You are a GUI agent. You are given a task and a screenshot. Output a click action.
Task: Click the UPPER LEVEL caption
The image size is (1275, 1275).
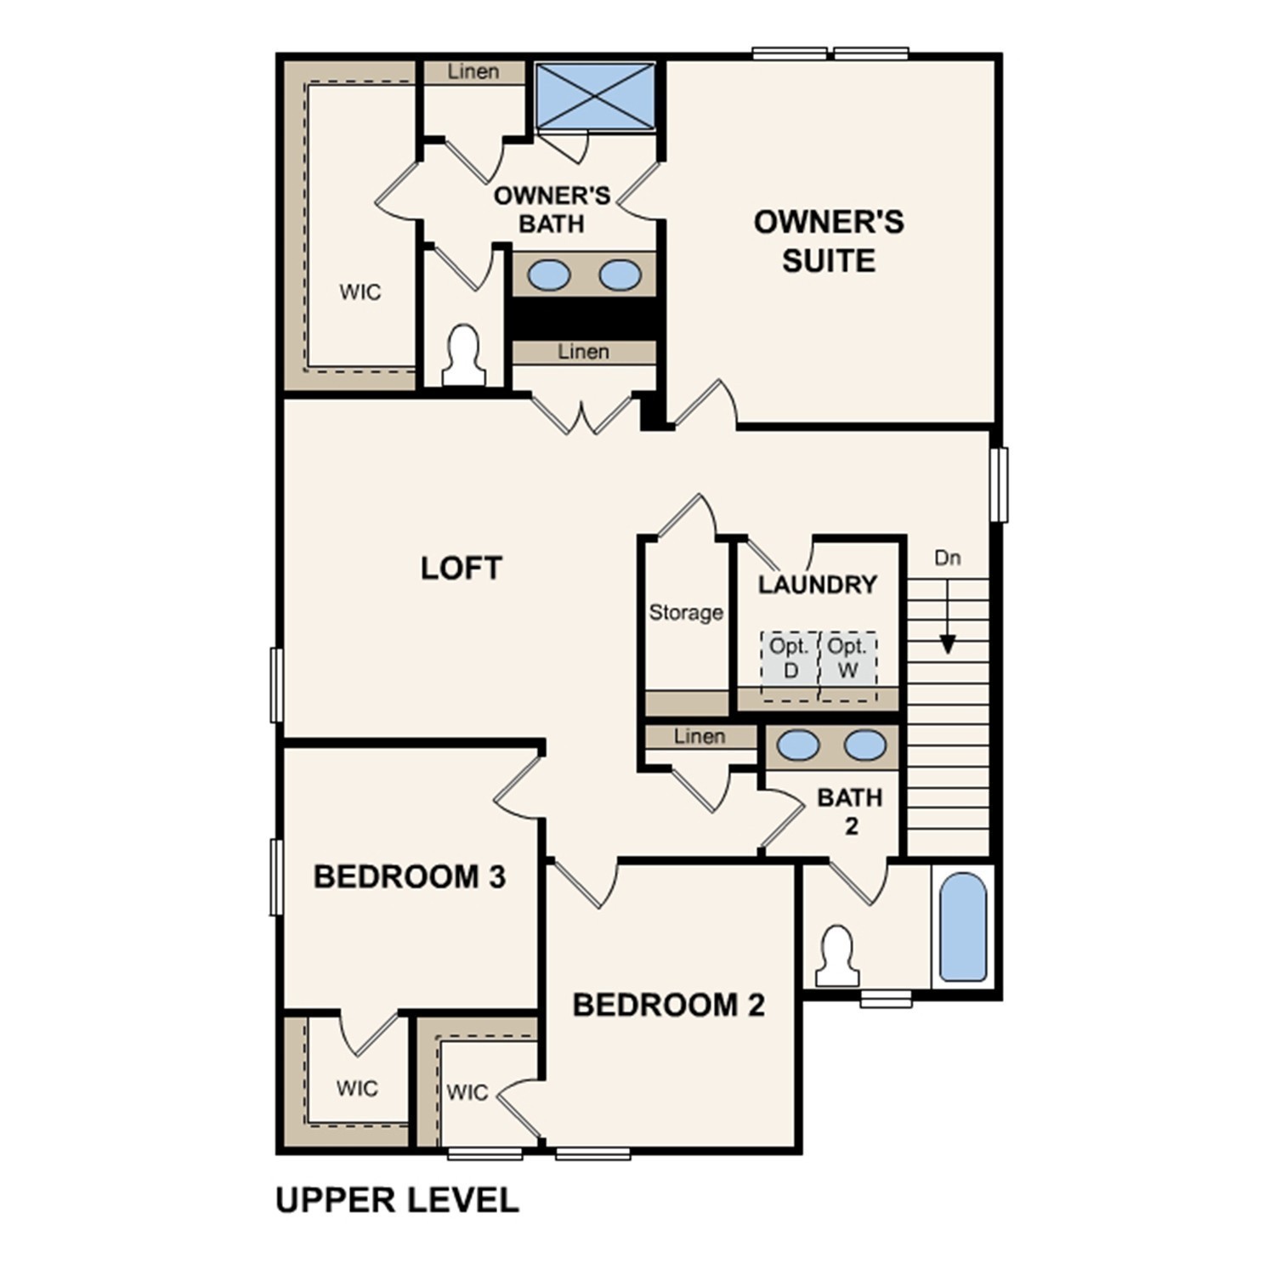point(397,1200)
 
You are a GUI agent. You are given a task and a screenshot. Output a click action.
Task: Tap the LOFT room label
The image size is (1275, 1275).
point(462,568)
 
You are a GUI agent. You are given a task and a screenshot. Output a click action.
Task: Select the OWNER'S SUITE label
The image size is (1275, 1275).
point(829,241)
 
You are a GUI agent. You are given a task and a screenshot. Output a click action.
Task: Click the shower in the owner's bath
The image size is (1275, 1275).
point(595,95)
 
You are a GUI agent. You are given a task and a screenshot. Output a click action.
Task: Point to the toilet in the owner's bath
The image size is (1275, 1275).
point(464,355)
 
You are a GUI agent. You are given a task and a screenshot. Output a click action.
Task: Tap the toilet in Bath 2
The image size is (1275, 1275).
point(837,955)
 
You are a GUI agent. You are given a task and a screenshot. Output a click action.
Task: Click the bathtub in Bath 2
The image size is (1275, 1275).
point(964,926)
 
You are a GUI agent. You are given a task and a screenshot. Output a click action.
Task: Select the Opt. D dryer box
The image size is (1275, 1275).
point(790,666)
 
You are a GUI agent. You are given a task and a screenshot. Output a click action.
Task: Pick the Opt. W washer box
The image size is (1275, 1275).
point(847,666)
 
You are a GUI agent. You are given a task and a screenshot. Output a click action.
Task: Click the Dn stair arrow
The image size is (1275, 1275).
point(947,620)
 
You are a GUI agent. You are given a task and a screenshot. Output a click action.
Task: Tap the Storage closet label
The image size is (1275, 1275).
point(686,613)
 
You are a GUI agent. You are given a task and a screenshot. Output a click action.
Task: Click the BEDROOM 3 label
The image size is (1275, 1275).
point(409,876)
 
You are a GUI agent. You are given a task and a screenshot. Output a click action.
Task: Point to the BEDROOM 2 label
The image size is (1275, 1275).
point(668,1005)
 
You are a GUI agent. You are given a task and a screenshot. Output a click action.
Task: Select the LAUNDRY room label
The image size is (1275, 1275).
point(817,585)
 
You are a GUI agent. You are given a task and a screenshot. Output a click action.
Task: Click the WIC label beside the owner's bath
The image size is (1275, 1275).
point(360,292)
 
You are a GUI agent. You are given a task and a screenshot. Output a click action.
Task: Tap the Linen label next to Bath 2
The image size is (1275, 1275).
point(700,737)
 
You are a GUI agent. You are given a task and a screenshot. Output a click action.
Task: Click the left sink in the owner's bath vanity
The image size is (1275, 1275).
point(549,275)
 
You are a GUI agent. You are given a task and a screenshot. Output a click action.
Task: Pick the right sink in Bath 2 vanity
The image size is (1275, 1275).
point(865,745)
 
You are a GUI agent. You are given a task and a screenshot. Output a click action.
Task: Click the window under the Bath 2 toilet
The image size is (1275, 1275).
point(886,999)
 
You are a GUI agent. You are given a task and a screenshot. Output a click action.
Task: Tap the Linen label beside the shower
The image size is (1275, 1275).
point(473,72)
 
